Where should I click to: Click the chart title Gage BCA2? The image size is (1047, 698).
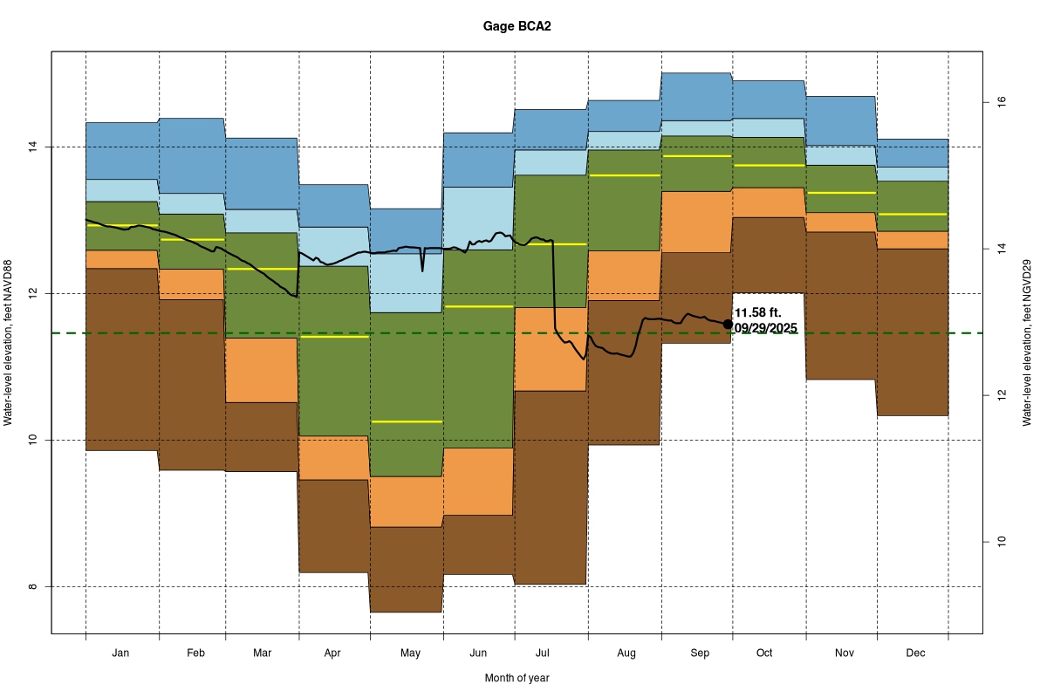[x=517, y=26]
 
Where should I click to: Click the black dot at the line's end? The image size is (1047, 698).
[x=728, y=324]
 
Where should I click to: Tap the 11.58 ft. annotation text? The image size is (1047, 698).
[x=758, y=312]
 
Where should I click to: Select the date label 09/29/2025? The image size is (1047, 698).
[x=765, y=328]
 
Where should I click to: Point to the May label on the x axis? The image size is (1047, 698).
[x=410, y=653]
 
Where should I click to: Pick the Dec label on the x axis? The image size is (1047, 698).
[x=914, y=653]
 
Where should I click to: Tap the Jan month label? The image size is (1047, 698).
[x=121, y=653]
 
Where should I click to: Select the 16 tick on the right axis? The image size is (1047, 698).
[x=1001, y=102]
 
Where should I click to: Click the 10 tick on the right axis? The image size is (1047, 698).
[x=1001, y=542]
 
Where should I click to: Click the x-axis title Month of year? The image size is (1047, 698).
[x=517, y=677]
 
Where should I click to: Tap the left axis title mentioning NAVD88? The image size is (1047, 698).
[x=8, y=343]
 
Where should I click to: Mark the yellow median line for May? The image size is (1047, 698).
[x=407, y=421]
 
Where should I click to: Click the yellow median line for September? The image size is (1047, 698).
[x=696, y=156]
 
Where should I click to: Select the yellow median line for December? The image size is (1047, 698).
[x=914, y=214]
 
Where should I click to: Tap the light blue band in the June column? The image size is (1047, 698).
[x=477, y=218]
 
